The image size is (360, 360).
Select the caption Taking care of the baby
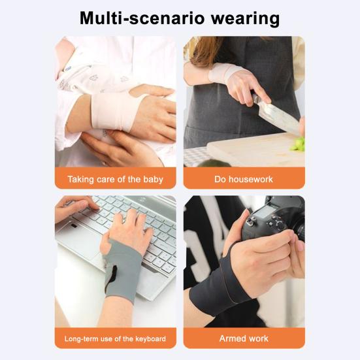click(x=115, y=178)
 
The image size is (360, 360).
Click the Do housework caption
click(x=244, y=178)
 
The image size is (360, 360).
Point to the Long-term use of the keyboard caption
click(x=115, y=338)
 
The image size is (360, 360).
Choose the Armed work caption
click(x=244, y=338)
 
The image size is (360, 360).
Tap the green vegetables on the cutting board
click(x=298, y=143)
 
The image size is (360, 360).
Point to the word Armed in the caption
click(x=231, y=338)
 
